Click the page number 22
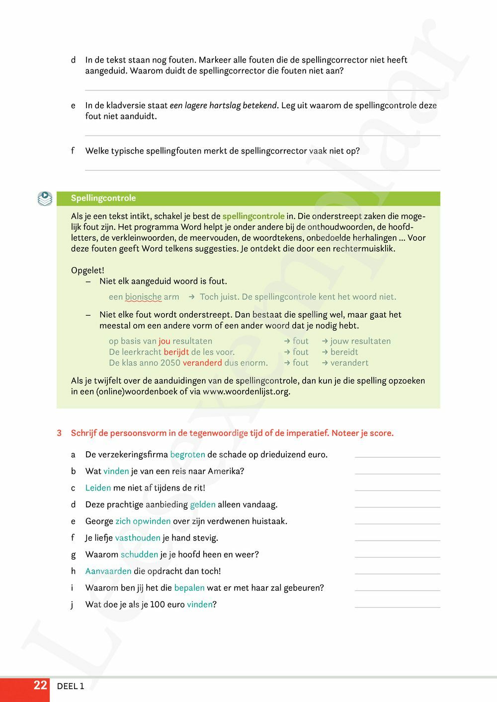click(40, 686)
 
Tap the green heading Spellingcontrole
click(103, 198)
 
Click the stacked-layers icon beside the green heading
click(45, 199)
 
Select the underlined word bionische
click(143, 297)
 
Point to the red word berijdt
click(176, 352)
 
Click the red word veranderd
click(202, 363)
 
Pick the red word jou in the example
click(165, 341)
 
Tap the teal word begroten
click(187, 454)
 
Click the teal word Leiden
click(98, 488)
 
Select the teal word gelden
click(203, 504)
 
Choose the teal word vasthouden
click(138, 538)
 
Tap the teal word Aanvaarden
click(108, 571)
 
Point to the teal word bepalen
click(189, 588)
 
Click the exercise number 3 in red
click(59, 433)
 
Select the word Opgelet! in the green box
click(87, 271)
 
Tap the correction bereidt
click(344, 352)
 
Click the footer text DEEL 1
click(71, 686)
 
